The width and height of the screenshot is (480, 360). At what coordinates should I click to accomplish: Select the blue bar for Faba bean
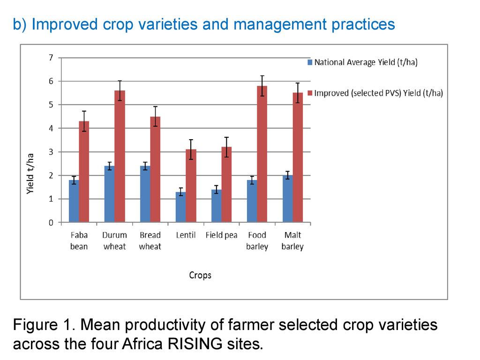coord(74,201)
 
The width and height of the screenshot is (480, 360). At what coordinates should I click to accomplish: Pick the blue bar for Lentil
coord(180,207)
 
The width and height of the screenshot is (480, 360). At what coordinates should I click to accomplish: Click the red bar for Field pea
coord(226,185)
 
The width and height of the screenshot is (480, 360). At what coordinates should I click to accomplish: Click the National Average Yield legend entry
coord(365,62)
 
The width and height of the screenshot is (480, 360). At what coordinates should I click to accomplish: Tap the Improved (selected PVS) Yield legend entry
coord(378,93)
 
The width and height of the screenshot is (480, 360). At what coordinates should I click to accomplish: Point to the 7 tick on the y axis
coord(51,58)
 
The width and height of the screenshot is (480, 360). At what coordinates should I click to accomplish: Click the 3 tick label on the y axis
coord(51,152)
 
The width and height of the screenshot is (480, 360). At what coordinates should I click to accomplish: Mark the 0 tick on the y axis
coord(51,223)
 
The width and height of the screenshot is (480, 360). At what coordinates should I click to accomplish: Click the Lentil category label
coord(186,235)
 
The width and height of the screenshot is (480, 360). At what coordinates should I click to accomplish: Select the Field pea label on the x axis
coord(221,235)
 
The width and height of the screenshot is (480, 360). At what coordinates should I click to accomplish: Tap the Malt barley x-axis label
coord(292,241)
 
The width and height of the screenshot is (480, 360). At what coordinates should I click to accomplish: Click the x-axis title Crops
coord(200,275)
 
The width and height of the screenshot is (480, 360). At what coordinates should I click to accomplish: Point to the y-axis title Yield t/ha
coord(30,175)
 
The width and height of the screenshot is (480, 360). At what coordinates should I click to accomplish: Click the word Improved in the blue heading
coord(60,24)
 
